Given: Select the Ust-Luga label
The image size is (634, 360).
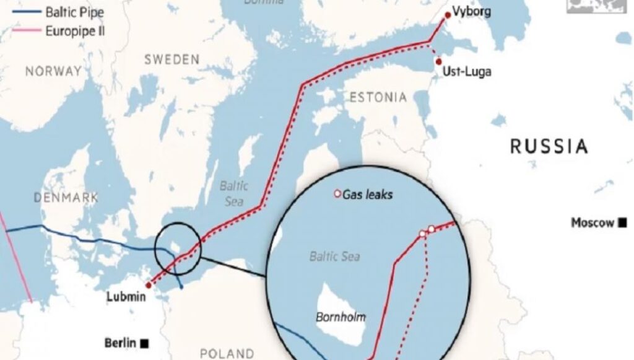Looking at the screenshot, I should coord(467,72).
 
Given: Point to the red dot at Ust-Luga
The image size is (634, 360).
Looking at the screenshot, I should coord(438,62).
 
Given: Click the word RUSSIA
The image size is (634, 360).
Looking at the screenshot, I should coord(548,147).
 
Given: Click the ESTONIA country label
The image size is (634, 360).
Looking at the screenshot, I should coord(378,97).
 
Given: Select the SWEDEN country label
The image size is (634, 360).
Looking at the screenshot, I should coord(172,59).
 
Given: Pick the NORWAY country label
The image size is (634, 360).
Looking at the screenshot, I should coord(53,71).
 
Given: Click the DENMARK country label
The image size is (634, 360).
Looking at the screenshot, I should coord(67,198).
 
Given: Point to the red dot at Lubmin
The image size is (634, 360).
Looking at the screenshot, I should coord(148,286).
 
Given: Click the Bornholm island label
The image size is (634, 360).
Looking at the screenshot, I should coord(341,317).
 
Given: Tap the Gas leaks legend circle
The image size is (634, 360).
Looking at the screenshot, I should coord(337,194).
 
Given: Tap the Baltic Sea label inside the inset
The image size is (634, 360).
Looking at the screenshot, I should coord(334,256).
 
